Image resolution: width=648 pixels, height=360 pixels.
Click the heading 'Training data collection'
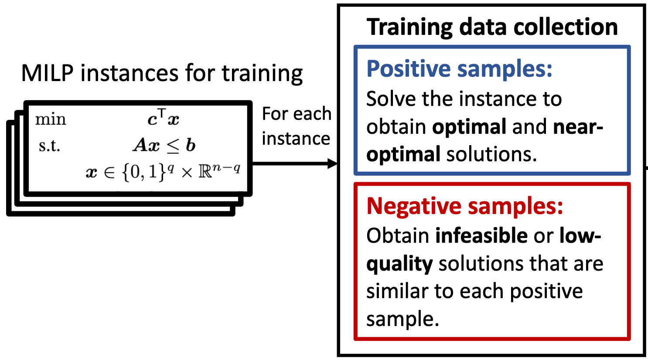492,27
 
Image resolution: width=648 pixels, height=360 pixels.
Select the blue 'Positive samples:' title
459,69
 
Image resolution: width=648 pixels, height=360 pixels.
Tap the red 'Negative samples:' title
464,206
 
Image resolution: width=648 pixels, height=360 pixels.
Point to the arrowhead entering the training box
332,164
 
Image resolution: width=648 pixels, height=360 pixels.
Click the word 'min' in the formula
51,119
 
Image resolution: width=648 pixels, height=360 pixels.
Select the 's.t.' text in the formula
49,146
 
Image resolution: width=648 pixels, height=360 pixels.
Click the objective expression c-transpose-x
164,117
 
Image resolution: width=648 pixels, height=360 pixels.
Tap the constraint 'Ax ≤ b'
164,145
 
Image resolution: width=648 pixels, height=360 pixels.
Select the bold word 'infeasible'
481,236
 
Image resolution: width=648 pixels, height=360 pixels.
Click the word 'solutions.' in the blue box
491,154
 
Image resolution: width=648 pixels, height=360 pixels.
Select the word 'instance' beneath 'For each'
296,139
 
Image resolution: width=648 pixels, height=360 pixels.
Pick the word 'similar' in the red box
397,292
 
